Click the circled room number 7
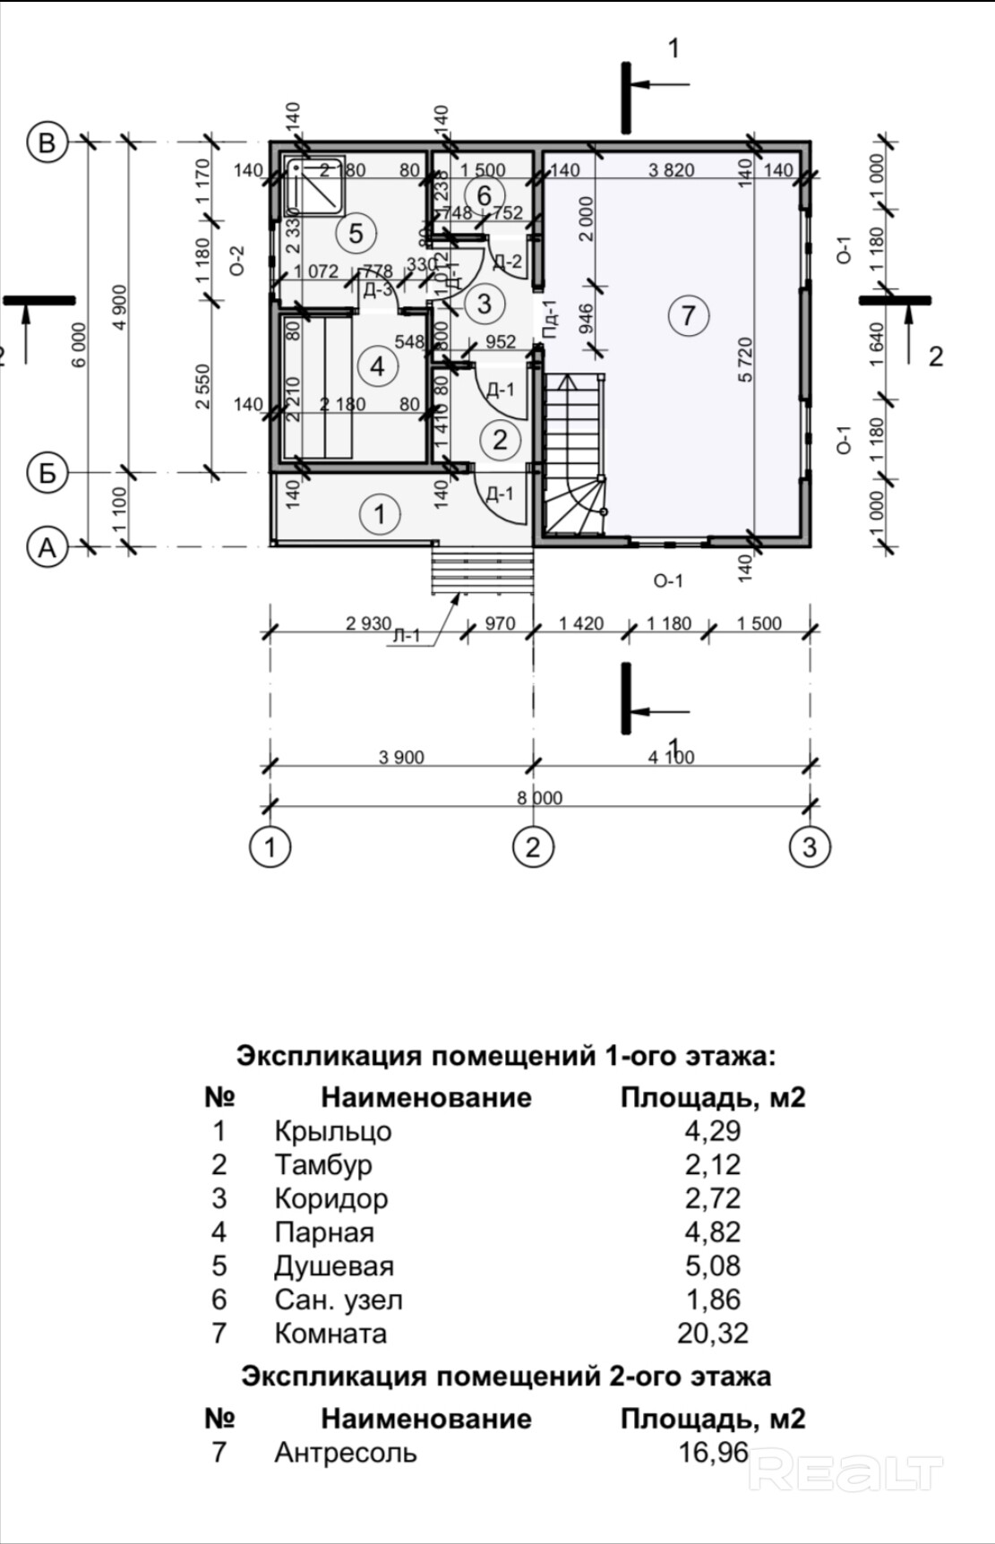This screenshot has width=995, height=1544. click(x=688, y=315)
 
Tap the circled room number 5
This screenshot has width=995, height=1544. click(x=356, y=233)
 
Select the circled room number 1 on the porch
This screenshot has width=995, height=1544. click(x=380, y=513)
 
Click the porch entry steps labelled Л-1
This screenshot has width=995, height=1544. click(x=483, y=570)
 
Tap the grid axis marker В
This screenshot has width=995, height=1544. click(x=47, y=142)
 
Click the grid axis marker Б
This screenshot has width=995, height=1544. click(x=47, y=472)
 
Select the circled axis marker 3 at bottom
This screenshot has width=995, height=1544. click(x=810, y=846)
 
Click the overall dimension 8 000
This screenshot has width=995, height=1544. click(x=539, y=798)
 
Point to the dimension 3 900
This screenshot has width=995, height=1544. click(x=401, y=758)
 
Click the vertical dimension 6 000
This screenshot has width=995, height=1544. click(x=81, y=345)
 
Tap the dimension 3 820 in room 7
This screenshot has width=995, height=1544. click(x=671, y=169)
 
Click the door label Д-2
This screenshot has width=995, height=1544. click(x=507, y=262)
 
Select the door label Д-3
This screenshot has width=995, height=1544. click(x=377, y=289)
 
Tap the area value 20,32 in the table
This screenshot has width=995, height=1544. click(x=713, y=1334)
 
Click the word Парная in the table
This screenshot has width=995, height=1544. click(x=324, y=1232)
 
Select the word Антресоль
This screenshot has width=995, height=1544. click(x=346, y=1452)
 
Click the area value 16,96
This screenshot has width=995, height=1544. click(x=713, y=1452)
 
